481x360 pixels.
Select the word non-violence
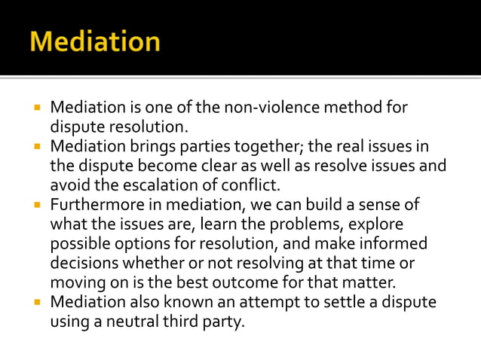click(277, 108)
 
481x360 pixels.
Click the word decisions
click(85, 264)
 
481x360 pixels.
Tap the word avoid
click(70, 185)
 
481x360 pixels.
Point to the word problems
click(294, 224)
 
